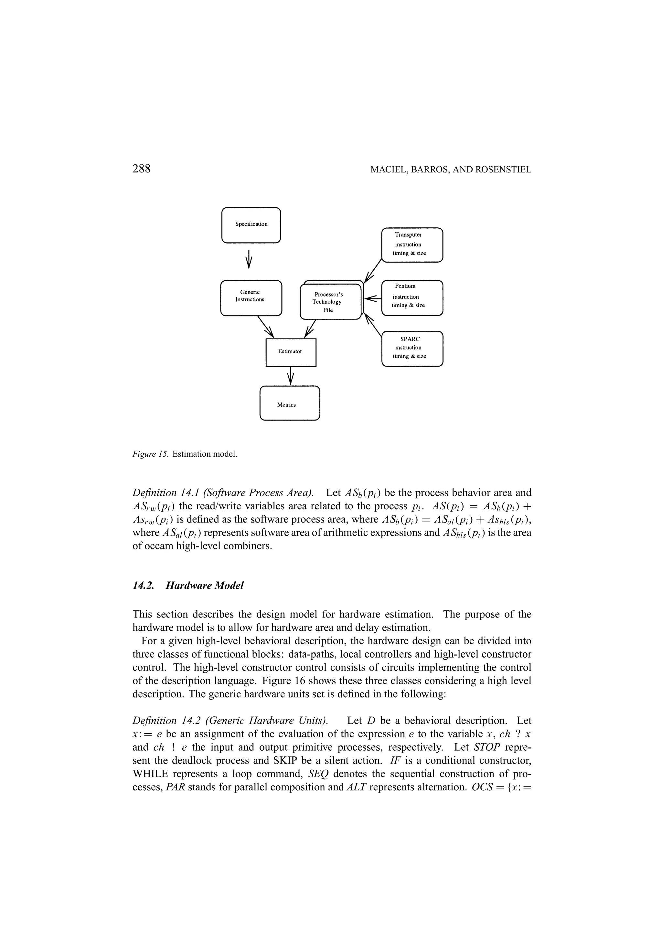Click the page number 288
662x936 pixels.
click(x=142, y=169)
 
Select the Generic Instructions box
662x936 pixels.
click(x=251, y=298)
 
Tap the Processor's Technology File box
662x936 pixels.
click(x=330, y=302)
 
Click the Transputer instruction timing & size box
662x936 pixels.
click(x=412, y=244)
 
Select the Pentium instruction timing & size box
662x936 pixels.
click(x=412, y=297)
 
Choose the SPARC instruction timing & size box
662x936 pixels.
click(x=412, y=348)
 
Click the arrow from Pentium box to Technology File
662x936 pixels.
click(x=372, y=299)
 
